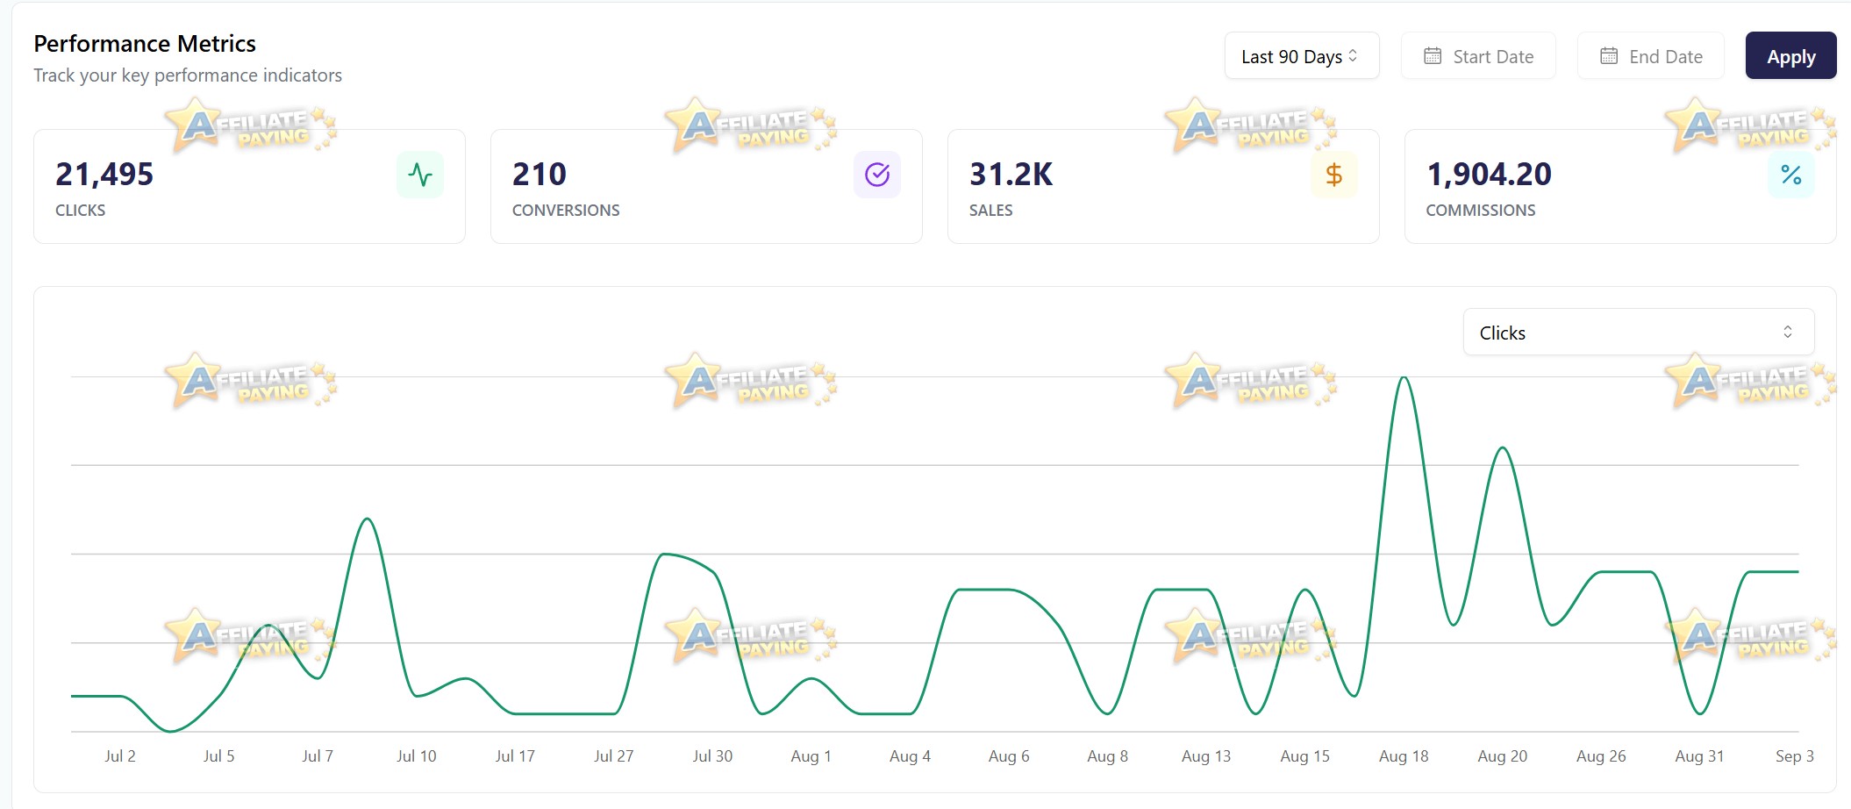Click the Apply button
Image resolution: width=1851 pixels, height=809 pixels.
pos(1790,56)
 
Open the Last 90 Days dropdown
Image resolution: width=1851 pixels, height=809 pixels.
pos(1302,56)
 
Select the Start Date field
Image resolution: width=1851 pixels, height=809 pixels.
pos(1478,56)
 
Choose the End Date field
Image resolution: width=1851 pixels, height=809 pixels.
pos(1651,56)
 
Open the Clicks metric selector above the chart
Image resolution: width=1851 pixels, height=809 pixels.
pos(1638,333)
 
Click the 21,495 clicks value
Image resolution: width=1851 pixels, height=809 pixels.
pos(104,175)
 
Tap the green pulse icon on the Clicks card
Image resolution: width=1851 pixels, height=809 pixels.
pos(420,175)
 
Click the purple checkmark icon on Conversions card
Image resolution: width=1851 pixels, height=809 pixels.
pos(877,175)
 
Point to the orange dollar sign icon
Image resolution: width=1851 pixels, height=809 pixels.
pos(1334,175)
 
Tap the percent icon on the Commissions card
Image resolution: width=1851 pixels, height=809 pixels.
pos(1791,175)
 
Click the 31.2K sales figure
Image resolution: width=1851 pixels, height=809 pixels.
pos(1011,175)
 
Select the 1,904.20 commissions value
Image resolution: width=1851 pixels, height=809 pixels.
pos(1489,175)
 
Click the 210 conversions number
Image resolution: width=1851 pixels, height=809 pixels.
pos(540,175)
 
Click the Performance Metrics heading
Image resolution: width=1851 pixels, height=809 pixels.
pos(145,44)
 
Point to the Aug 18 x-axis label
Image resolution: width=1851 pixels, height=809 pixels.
pos(1404,756)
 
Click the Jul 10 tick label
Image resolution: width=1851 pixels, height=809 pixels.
pos(416,756)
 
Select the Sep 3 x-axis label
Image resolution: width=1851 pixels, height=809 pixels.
pos(1795,756)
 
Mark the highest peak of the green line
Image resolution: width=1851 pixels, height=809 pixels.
pos(1404,378)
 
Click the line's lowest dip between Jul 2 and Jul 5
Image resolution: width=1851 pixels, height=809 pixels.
pos(170,731)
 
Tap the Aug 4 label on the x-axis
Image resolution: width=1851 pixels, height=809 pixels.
pos(910,756)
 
